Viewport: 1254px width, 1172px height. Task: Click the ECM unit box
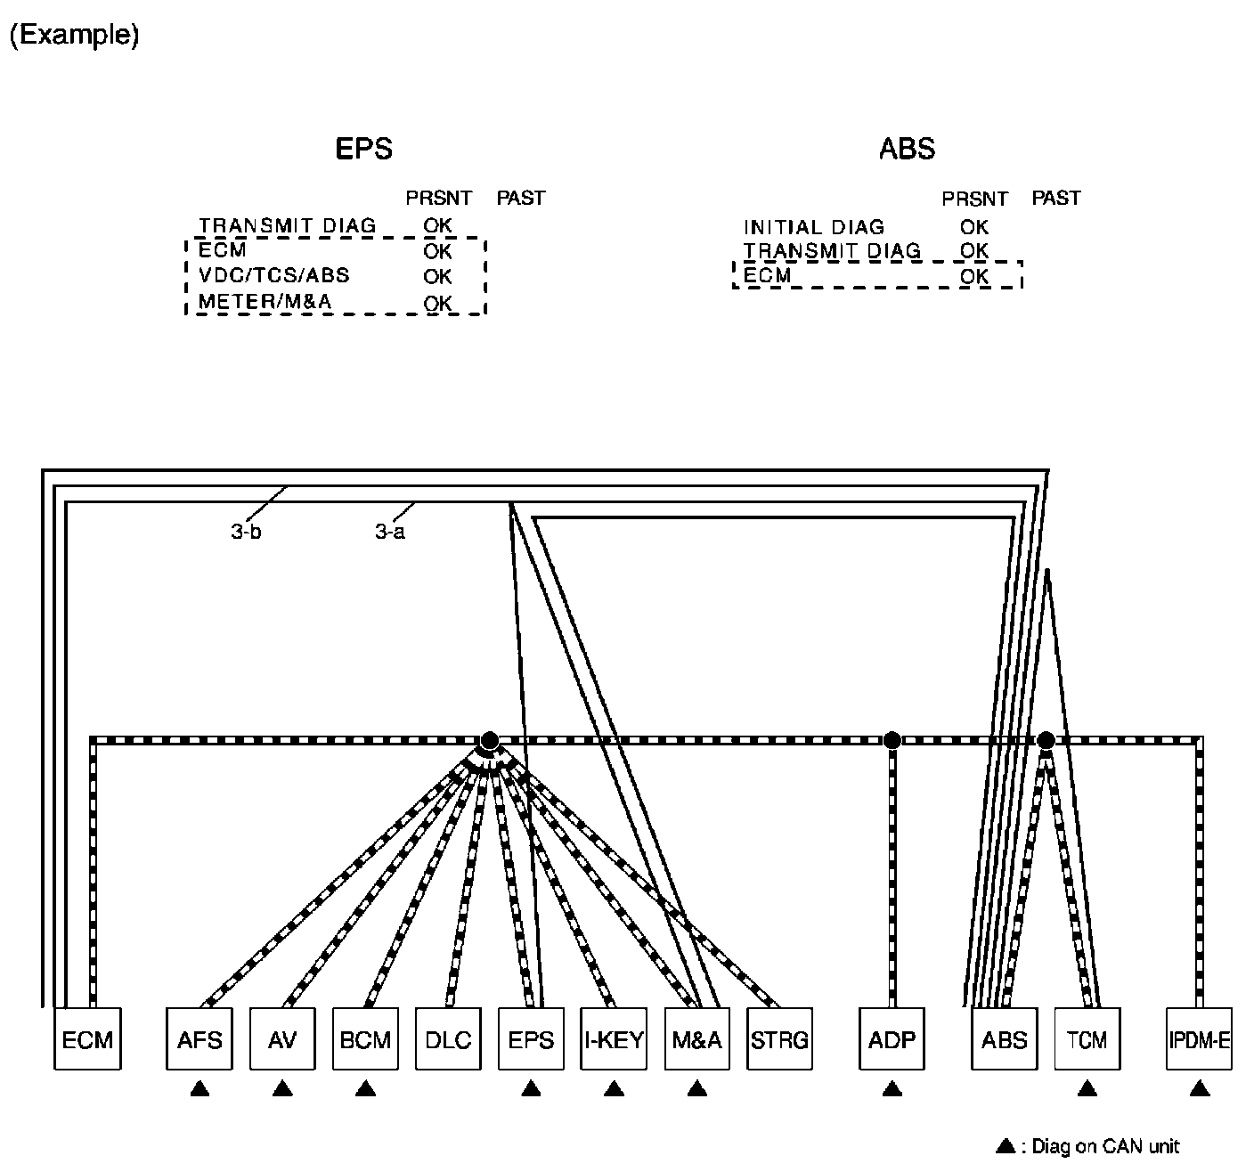[87, 1038]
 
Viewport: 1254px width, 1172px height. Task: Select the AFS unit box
[199, 1038]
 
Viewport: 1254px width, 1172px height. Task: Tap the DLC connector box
[448, 1038]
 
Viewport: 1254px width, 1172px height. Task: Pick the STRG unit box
[779, 1038]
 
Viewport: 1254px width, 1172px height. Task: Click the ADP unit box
[892, 1038]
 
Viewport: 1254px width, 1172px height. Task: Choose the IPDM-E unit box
[1199, 1038]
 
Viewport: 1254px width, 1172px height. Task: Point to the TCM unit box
[1087, 1038]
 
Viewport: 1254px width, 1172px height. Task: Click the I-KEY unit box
[614, 1038]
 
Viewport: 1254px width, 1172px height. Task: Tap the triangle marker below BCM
[365, 1088]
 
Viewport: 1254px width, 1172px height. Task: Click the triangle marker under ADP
[892, 1088]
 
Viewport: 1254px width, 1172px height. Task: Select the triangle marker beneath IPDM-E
[1199, 1088]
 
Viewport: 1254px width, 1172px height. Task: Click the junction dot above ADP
[892, 740]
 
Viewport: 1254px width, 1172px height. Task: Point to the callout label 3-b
[245, 533]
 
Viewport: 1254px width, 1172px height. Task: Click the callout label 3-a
[390, 533]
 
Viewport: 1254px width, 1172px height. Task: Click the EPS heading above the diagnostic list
[363, 148]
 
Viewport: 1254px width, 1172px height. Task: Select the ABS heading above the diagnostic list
[907, 148]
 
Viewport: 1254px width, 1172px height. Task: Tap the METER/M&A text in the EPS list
[265, 302]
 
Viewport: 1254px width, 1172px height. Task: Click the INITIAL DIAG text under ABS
[813, 227]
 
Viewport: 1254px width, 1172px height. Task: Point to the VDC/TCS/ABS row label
[273, 276]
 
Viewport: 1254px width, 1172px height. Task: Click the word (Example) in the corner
[74, 36]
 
